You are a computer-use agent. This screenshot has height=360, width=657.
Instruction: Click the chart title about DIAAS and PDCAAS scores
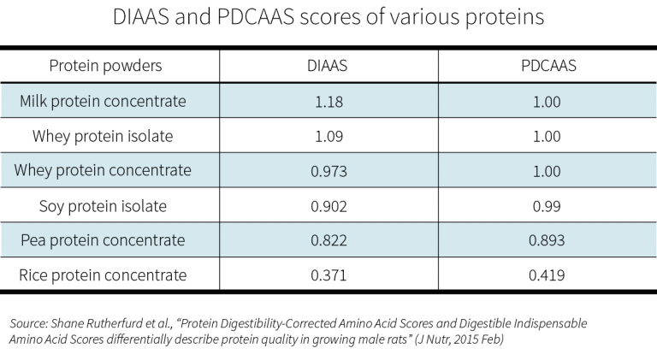tap(328, 17)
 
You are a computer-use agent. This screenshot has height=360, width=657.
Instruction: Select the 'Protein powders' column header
tap(105, 66)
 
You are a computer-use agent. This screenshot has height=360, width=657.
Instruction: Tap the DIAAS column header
tap(328, 66)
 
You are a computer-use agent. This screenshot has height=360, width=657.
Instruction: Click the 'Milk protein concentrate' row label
tap(103, 101)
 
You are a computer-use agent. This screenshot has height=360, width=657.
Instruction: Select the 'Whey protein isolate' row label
tap(103, 136)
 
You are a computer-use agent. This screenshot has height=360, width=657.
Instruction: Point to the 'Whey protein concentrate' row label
tap(103, 170)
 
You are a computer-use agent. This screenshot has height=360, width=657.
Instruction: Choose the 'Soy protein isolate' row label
tap(103, 205)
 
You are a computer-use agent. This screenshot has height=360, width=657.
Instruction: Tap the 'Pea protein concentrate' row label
tap(103, 240)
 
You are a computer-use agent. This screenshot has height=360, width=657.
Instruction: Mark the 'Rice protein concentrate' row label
tap(103, 274)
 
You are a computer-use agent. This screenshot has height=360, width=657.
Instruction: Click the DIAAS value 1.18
tap(328, 102)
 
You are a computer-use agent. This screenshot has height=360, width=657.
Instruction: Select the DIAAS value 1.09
tap(328, 136)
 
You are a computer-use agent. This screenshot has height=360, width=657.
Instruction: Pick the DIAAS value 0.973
tap(328, 171)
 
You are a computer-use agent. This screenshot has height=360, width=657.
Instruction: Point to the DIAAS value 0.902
tap(328, 206)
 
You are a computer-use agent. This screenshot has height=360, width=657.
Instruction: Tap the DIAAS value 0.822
tap(328, 240)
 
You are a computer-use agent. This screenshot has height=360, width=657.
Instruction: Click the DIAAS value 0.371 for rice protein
tap(328, 275)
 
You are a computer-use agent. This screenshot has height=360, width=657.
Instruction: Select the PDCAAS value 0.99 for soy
tap(547, 206)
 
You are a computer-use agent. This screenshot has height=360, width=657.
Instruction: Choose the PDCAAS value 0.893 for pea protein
tap(547, 240)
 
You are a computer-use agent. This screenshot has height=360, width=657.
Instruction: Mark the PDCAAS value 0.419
tap(547, 275)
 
